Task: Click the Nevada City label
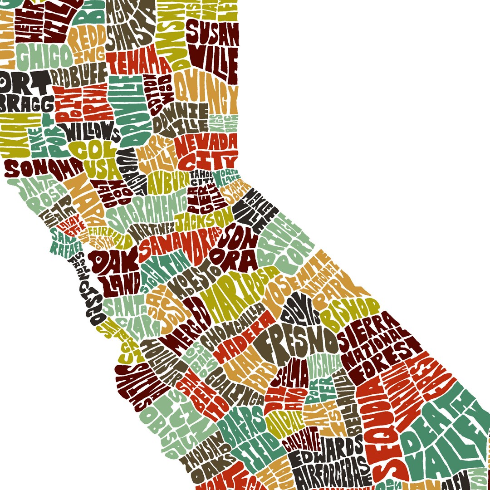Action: click(206, 152)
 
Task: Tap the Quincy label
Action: click(206, 91)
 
